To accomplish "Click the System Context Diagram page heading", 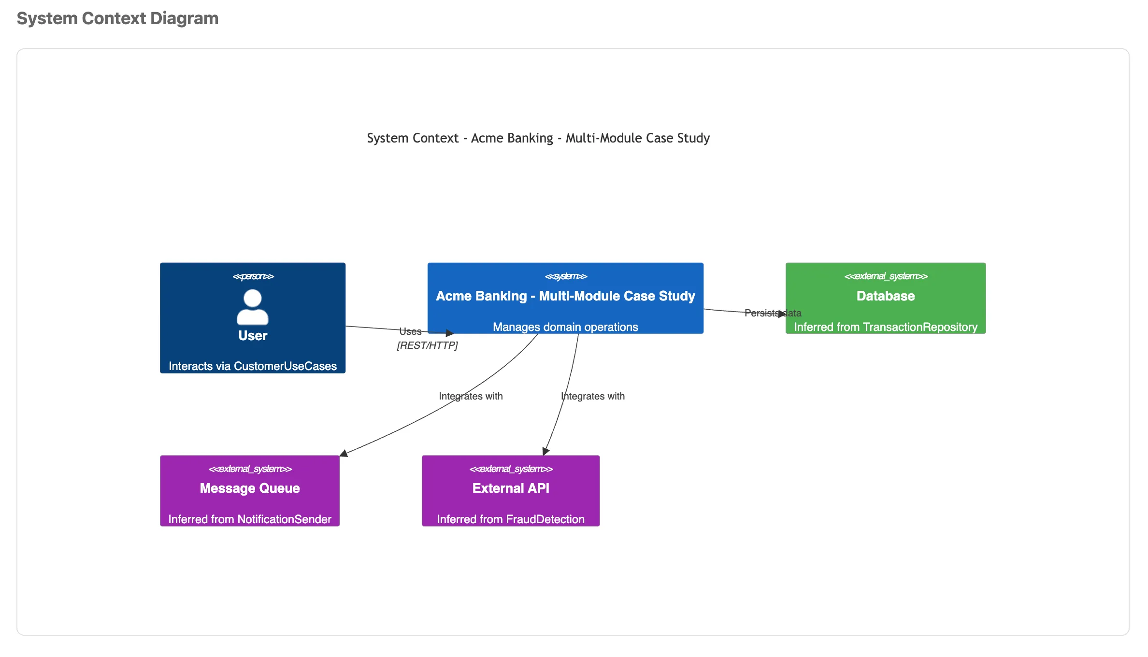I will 117,18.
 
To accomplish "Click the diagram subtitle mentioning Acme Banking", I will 538,138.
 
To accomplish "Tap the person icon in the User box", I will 253,307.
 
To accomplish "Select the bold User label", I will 253,336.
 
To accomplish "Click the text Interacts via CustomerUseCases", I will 253,366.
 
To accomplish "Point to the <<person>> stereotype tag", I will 253,276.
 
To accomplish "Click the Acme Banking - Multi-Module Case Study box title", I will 565,296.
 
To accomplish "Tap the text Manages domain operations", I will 565,327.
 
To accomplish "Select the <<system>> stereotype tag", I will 565,276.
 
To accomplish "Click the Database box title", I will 885,296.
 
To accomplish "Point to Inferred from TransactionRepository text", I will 885,327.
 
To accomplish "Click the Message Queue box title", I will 250,488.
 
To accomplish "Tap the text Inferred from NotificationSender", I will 250,519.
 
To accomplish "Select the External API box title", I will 511,488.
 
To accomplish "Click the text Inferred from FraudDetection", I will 511,519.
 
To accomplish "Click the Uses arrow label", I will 410,331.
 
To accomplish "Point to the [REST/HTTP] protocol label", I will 427,345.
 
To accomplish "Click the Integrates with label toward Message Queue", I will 471,396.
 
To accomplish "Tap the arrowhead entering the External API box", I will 545,451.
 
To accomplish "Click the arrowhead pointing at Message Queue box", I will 344,453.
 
